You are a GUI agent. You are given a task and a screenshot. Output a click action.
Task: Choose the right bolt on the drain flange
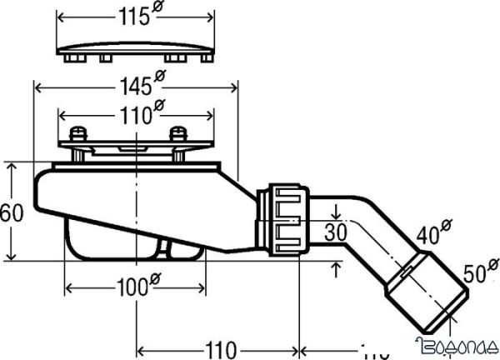click(177, 135)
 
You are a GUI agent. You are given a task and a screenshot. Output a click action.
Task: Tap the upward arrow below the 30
click(335, 267)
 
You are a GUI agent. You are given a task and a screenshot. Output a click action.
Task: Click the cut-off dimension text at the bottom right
click(375, 347)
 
